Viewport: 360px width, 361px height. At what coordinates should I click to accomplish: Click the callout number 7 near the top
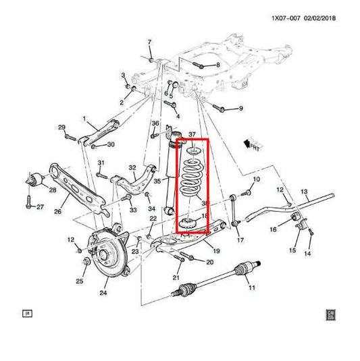(x=150, y=42)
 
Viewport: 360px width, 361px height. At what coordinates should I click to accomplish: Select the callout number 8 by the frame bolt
(x=217, y=65)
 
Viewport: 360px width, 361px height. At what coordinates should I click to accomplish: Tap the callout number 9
(x=240, y=109)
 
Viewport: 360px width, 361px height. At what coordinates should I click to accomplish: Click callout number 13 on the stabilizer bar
(x=304, y=192)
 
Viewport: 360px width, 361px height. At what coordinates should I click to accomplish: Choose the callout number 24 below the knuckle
(x=103, y=293)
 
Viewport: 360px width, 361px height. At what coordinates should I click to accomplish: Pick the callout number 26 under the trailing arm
(x=57, y=212)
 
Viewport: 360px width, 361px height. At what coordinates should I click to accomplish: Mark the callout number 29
(x=61, y=128)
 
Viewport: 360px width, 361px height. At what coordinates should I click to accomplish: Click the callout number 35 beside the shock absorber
(x=157, y=181)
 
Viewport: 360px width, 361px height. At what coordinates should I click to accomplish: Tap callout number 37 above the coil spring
(x=191, y=135)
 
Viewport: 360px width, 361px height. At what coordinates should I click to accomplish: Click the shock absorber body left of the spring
(x=167, y=172)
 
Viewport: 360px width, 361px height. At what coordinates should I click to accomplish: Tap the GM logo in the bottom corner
(x=332, y=314)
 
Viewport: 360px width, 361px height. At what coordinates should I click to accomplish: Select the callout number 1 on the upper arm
(x=85, y=118)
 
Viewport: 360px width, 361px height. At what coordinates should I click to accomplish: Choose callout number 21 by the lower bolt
(x=176, y=277)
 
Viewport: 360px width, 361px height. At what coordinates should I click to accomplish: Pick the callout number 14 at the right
(x=307, y=253)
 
